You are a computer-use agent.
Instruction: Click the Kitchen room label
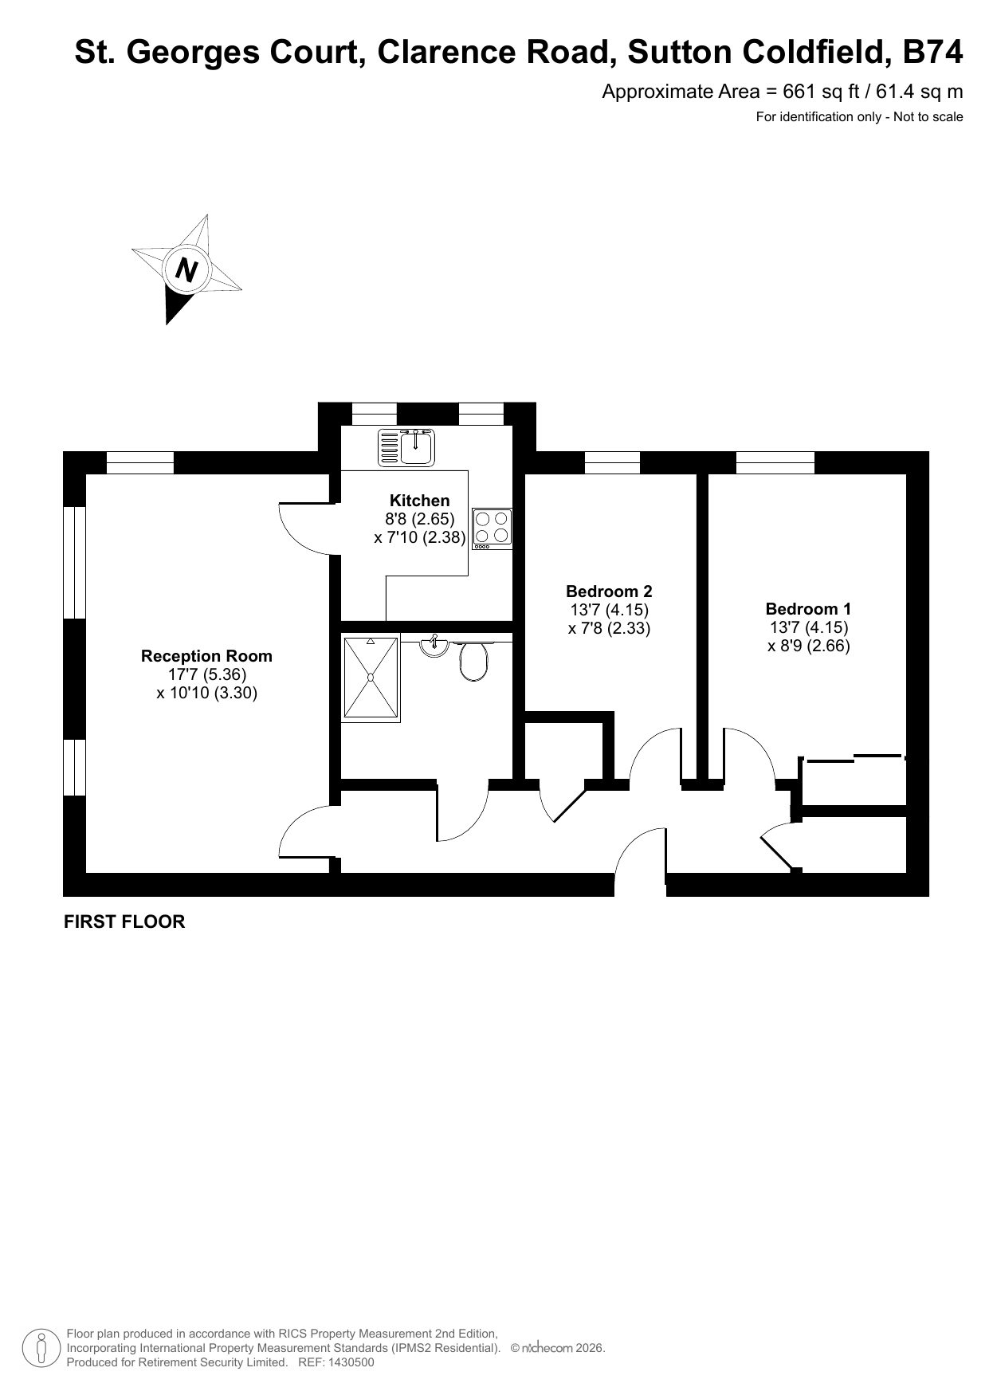click(419, 501)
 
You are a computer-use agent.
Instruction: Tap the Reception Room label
click(206, 656)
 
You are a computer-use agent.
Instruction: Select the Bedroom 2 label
click(609, 591)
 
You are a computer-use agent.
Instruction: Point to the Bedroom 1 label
click(808, 609)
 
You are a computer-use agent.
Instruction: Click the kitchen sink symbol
click(406, 446)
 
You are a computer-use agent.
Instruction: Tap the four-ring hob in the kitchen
click(492, 529)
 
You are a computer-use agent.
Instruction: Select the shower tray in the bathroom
click(371, 678)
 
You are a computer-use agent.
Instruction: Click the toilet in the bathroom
click(473, 662)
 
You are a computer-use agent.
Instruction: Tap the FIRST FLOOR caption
click(124, 922)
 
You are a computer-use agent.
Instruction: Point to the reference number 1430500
click(348, 1362)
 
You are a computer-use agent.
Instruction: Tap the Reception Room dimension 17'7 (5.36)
click(207, 674)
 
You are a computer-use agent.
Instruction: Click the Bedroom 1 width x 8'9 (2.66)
click(809, 646)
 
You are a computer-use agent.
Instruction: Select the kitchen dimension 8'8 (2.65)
click(420, 519)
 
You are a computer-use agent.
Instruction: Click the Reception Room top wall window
click(140, 463)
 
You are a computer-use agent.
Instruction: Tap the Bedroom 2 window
click(612, 463)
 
